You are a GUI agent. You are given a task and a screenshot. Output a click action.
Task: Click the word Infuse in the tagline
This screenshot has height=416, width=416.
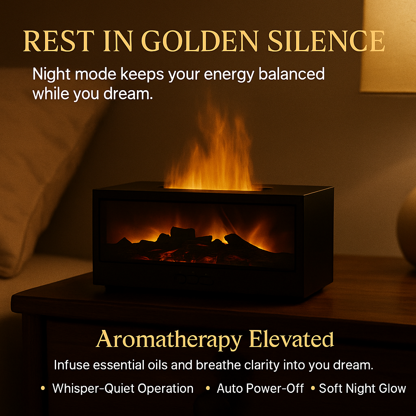[x=71, y=365]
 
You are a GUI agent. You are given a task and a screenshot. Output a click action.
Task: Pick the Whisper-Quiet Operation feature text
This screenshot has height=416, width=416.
[x=123, y=388]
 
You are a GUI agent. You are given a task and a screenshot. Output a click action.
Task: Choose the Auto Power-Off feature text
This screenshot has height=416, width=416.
[x=260, y=388]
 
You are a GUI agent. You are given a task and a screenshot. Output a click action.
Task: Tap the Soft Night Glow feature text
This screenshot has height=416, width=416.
[x=362, y=388]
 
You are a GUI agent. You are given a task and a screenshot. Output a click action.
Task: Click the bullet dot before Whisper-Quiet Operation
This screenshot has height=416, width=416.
[x=43, y=388]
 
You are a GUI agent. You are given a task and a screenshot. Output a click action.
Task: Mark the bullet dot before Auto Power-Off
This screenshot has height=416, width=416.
[x=208, y=388]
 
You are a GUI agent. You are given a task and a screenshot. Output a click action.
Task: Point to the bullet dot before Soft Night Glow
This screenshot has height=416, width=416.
[x=313, y=388]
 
